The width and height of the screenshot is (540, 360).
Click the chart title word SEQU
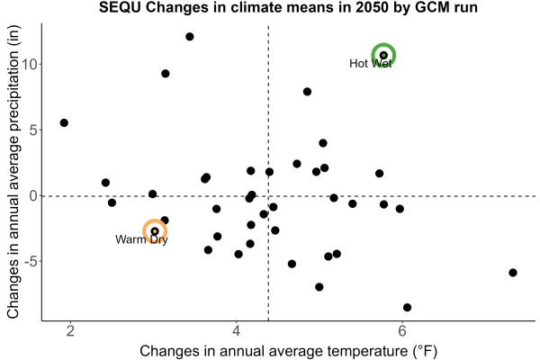tap(120, 7)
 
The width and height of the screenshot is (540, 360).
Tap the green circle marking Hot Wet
tap(383, 44)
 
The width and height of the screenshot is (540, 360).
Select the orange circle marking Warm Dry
tap(155, 220)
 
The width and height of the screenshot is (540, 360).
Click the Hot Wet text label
tap(371, 63)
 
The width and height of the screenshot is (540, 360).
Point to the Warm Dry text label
tap(141, 239)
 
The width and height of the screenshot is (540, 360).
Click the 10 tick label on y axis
tap(29, 64)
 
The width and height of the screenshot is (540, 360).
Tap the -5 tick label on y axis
tap(31, 262)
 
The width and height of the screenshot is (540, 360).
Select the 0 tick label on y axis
tap(33, 196)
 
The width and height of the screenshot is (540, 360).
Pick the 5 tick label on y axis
tap(33, 130)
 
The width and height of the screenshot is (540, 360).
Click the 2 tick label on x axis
tap(70, 331)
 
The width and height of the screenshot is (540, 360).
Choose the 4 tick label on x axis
tap(236, 331)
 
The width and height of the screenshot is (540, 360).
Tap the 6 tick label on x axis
tap(402, 331)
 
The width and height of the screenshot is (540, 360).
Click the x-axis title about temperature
tap(289, 351)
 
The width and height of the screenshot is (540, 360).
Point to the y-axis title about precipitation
tap(13, 172)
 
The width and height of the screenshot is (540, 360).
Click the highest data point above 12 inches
tap(190, 37)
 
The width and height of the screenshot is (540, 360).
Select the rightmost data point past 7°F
tap(513, 273)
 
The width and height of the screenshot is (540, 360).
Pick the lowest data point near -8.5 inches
tap(407, 307)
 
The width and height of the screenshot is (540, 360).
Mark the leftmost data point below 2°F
tap(64, 122)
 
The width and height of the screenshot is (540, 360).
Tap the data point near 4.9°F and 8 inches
tap(307, 92)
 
